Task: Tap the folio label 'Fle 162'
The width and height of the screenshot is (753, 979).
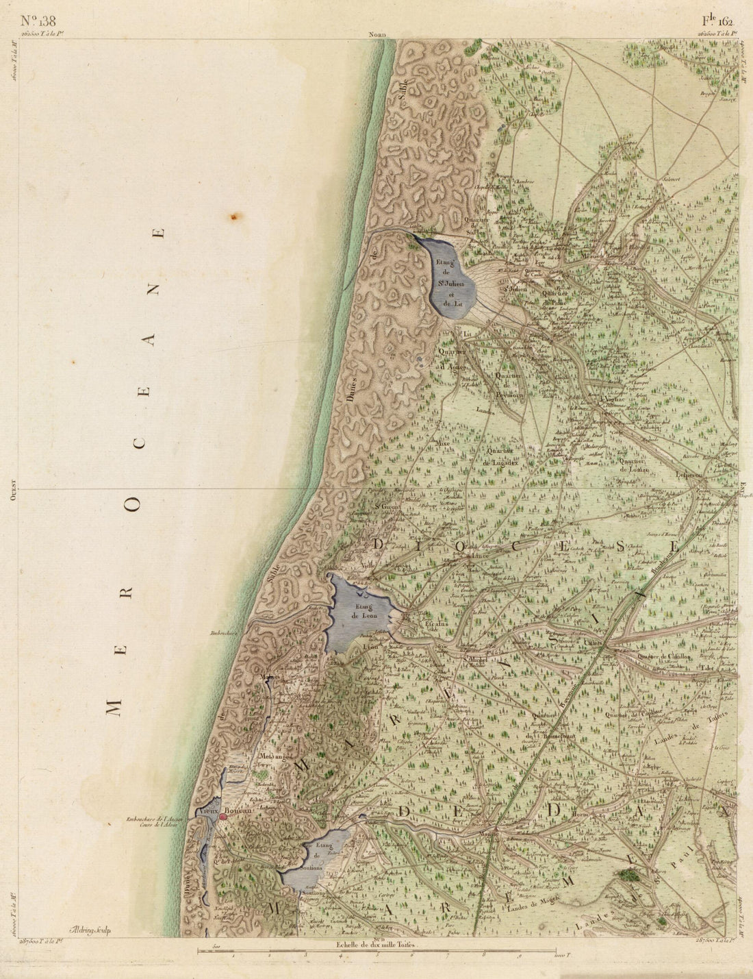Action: pos(717,20)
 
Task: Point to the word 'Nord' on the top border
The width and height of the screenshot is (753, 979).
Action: pos(377,34)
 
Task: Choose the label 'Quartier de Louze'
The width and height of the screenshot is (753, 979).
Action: pos(633,465)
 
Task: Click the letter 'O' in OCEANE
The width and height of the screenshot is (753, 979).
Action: pos(136,506)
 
